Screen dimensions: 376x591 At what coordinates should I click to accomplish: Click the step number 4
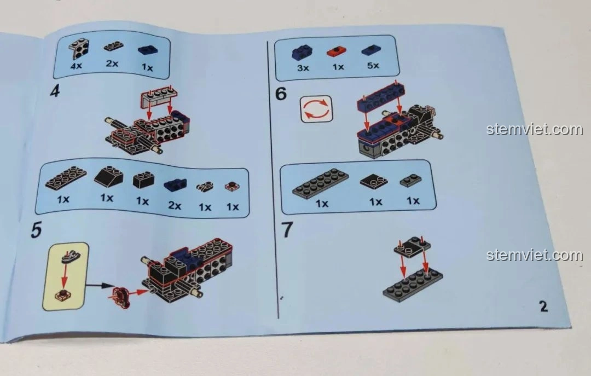coord(55,91)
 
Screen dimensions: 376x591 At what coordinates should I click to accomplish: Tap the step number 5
coord(36,230)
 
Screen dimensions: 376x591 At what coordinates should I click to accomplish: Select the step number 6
coord(281,94)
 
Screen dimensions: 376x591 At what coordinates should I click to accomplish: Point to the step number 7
coord(287,230)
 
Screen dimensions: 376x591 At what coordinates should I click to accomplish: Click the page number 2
coord(543,306)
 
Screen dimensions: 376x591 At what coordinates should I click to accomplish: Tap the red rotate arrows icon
coord(316,108)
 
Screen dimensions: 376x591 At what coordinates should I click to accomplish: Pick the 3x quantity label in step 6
coord(303,68)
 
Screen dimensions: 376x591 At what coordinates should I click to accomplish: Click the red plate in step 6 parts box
coord(337,51)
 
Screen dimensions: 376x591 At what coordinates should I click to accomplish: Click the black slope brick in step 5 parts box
coord(108,177)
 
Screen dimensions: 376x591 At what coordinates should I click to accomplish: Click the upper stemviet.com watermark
coord(534,130)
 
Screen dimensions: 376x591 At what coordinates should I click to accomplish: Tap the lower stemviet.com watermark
coord(534,256)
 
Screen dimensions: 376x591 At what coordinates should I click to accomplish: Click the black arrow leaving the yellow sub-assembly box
coord(101,285)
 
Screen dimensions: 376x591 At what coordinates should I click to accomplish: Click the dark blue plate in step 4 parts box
coord(147,49)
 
